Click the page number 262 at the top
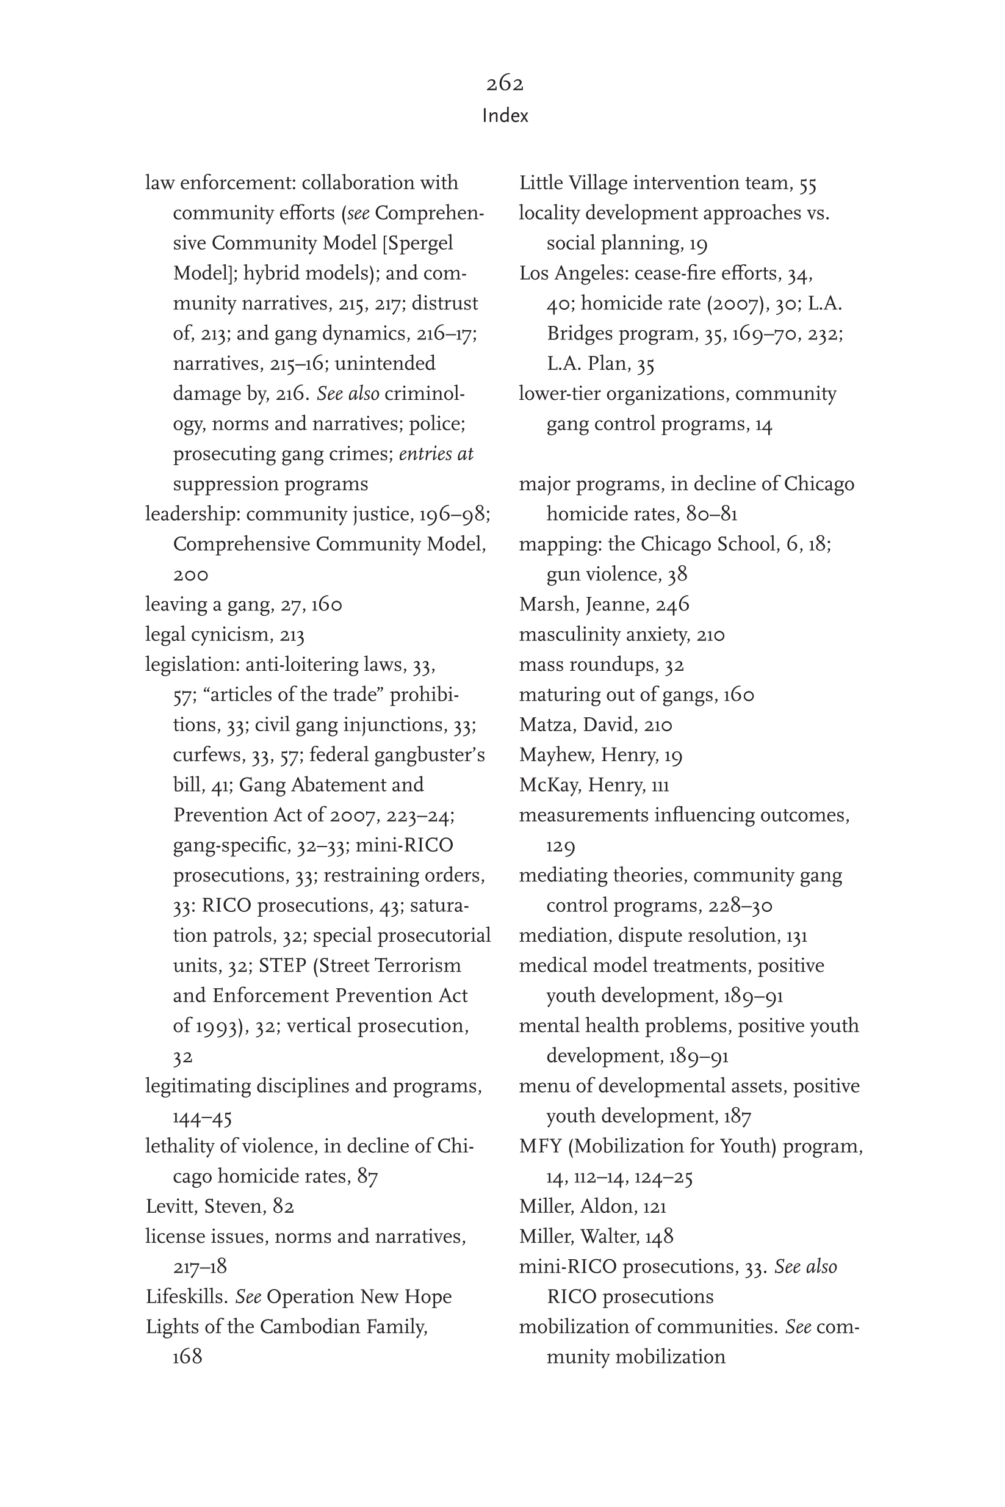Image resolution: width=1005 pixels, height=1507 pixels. (505, 84)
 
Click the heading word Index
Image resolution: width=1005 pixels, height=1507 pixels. (505, 116)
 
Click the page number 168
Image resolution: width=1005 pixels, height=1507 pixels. (187, 1357)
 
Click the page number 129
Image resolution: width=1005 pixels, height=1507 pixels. (560, 846)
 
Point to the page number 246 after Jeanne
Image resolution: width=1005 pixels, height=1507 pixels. (672, 604)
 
